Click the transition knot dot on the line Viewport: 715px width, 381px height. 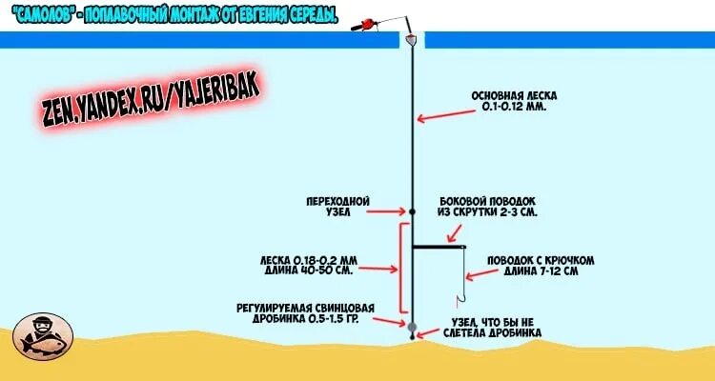coord(413,211)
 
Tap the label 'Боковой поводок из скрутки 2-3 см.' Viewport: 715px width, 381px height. coord(488,207)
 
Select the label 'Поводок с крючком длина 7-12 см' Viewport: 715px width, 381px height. coord(541,266)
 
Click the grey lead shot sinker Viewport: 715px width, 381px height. coord(413,327)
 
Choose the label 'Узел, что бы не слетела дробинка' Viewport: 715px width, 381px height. coord(494,329)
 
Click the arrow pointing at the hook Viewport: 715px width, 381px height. coord(481,273)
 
